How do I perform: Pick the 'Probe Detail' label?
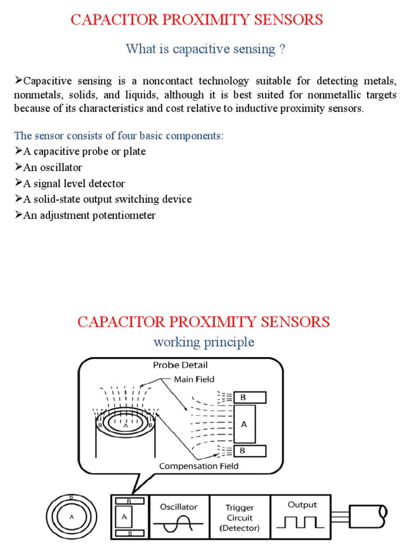pos(180,365)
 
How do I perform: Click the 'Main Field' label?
pos(195,379)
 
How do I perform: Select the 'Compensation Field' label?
pos(199,466)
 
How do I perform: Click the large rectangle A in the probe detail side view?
pos(244,424)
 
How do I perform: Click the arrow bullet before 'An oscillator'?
pos(18,167)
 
